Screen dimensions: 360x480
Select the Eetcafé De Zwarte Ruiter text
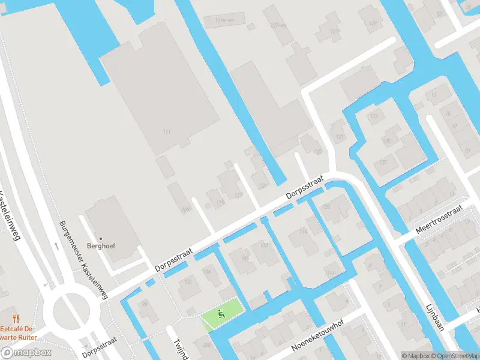23,333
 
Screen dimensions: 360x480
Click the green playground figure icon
221,313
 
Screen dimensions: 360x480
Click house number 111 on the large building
166,131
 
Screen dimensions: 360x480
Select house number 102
187,281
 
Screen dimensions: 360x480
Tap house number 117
238,195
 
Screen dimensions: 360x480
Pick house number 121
262,186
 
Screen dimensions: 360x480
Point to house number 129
334,31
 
